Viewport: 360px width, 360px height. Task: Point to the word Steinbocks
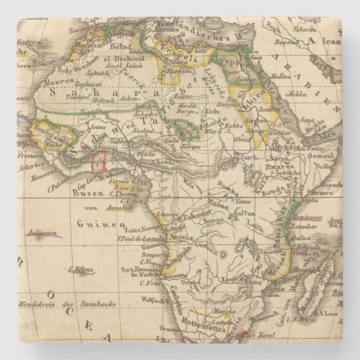pyautogui.click(x=99, y=304)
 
